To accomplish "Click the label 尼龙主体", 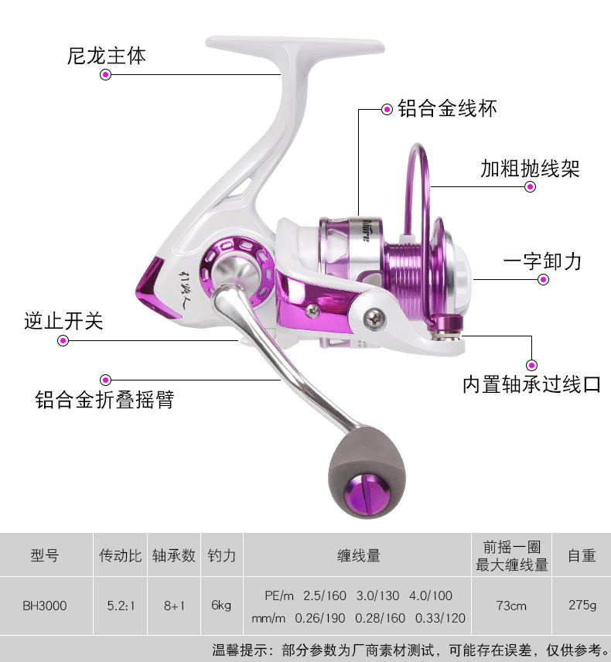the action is click(106, 56).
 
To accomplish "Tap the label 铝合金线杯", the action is click(447, 108).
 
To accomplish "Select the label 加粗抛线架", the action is click(529, 168).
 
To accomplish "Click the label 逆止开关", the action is click(63, 321).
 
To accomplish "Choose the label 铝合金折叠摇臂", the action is click(104, 399).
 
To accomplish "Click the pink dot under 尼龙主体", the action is click(106, 75).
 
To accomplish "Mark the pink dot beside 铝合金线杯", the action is click(387, 109).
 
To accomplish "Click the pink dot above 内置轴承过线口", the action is click(531, 364).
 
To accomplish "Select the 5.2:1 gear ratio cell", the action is click(120, 606).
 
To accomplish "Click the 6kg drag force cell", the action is click(221, 606).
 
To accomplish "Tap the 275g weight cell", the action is click(582, 606).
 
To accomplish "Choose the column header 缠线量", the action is click(358, 555).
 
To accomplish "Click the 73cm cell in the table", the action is click(511, 606).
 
